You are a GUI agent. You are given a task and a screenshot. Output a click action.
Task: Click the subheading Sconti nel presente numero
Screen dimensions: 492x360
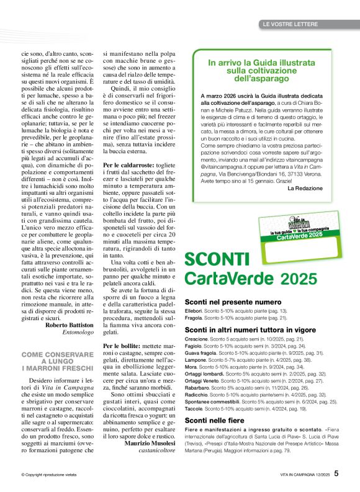pyautogui.click(x=233, y=302)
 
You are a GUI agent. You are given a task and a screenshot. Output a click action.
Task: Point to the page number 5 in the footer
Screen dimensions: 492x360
pyautogui.click(x=336, y=473)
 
